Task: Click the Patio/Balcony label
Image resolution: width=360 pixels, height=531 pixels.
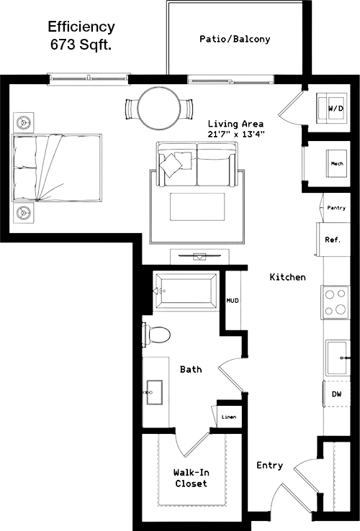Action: pos(235,40)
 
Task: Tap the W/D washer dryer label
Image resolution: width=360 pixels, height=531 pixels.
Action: pos(336,109)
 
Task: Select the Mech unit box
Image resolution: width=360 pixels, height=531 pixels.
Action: pos(337,163)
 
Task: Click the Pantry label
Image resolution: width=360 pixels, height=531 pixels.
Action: pos(336,208)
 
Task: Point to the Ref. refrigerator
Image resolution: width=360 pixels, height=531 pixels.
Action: pos(333,240)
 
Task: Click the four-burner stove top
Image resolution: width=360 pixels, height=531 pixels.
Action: pos(336,302)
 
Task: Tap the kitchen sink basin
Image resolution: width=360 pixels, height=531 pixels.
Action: pos(338,358)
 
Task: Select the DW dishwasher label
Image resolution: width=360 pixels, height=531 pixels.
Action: pos(337,394)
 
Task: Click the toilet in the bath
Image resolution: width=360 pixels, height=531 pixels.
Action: pos(156,335)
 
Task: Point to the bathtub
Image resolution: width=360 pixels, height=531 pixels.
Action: pos(186,291)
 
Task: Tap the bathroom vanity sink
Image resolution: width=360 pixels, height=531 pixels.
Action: pos(154,392)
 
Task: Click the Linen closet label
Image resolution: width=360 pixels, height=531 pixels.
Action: pos(229,417)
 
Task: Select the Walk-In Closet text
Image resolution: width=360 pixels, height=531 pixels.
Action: pos(192,478)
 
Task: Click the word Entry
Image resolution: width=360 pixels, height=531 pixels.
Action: pos(269,466)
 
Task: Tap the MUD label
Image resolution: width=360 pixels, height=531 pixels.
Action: pos(233,300)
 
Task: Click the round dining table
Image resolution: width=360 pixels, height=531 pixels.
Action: pos(159,109)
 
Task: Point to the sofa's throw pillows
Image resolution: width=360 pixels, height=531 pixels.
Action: pos(175,163)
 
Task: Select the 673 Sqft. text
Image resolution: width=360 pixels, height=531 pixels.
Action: pos(81,45)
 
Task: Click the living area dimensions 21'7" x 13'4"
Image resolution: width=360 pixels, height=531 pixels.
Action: pos(236,134)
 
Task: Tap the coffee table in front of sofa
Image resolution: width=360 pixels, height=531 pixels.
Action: pos(197,206)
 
